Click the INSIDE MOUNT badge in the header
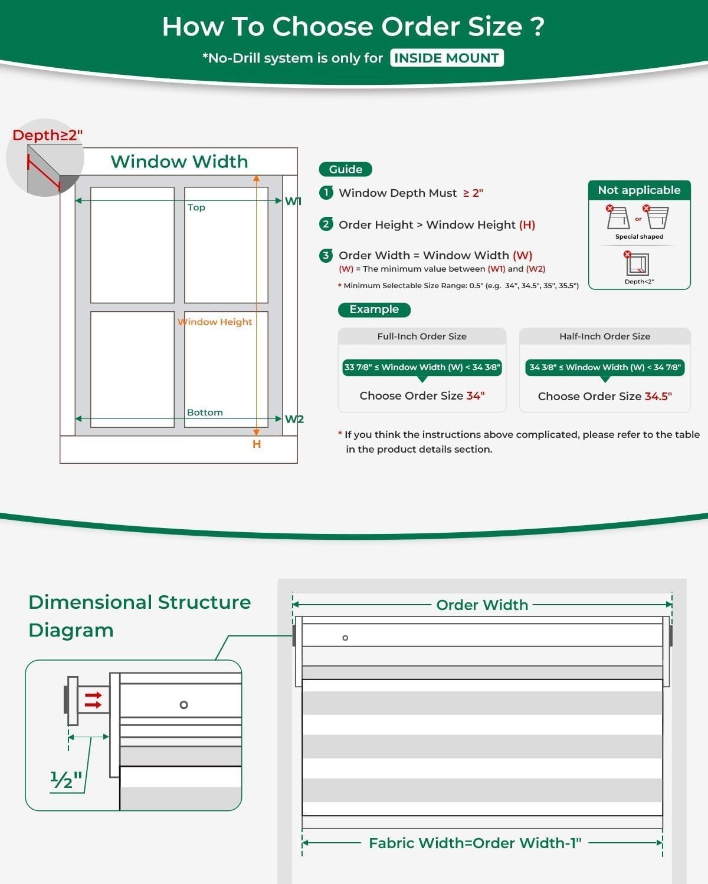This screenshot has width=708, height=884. tap(447, 58)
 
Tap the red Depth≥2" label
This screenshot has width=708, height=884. tap(48, 135)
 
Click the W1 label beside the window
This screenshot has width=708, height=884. tap(293, 202)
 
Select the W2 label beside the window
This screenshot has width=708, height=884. tap(294, 419)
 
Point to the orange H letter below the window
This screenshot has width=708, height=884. tap(257, 444)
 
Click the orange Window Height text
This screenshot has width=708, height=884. tap(215, 322)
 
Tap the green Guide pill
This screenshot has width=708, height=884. tap(346, 169)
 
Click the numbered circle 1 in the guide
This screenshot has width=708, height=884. tap(326, 193)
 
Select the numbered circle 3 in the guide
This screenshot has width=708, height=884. tap(326, 256)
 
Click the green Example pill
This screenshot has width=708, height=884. tap(375, 310)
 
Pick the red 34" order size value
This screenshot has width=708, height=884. tap(476, 395)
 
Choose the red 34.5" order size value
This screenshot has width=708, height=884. tap(658, 397)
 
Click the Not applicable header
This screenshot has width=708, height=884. tap(640, 190)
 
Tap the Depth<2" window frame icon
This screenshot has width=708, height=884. tap(637, 264)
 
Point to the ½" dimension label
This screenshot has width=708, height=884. tap(66, 779)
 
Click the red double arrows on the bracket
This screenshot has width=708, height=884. tap(93, 700)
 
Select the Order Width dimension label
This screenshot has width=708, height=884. tap(482, 605)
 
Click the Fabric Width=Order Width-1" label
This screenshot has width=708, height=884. tap(475, 843)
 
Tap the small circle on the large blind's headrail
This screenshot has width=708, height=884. tap(345, 638)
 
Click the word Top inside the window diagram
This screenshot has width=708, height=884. tap(196, 207)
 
